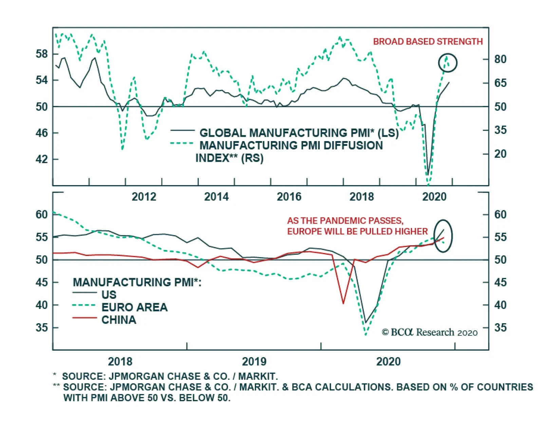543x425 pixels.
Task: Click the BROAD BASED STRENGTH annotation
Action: coord(428,42)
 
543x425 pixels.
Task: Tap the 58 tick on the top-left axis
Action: coord(42,54)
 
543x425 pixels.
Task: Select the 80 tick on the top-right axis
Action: coord(500,59)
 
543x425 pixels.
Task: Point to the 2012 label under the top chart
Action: coord(144,197)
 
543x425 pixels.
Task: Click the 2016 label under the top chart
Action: coord(289,197)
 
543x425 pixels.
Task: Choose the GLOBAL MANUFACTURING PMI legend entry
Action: coord(299,133)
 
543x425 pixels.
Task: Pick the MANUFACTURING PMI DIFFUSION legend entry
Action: coord(291,146)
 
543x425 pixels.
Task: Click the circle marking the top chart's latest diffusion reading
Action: coord(448,63)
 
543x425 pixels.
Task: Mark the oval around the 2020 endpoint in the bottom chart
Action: coord(443,236)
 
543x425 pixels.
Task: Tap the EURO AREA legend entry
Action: coord(134,307)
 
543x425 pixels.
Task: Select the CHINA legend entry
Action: coord(119,320)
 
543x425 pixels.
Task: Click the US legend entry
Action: coord(109,295)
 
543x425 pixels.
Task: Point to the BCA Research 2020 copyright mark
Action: coord(430,332)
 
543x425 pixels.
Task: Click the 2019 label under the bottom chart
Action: coord(254,362)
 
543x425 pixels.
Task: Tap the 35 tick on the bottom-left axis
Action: coord(42,328)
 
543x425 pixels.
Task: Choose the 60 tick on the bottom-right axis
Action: coord(500,214)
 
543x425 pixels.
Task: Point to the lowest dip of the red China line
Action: coord(343,303)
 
